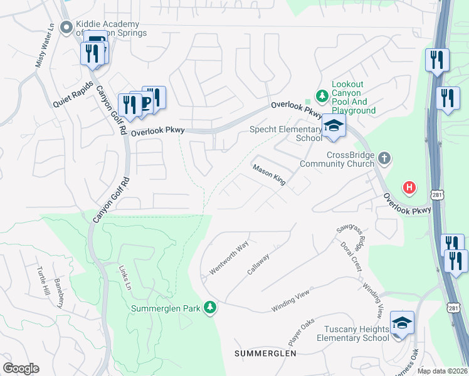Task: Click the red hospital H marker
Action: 409,187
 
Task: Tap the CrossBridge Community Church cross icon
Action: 384,159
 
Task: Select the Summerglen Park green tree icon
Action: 211,308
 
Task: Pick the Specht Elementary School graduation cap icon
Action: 334,127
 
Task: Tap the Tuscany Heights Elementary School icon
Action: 402,323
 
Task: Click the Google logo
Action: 21,368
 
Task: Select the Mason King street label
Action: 269,175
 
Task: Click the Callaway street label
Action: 258,264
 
